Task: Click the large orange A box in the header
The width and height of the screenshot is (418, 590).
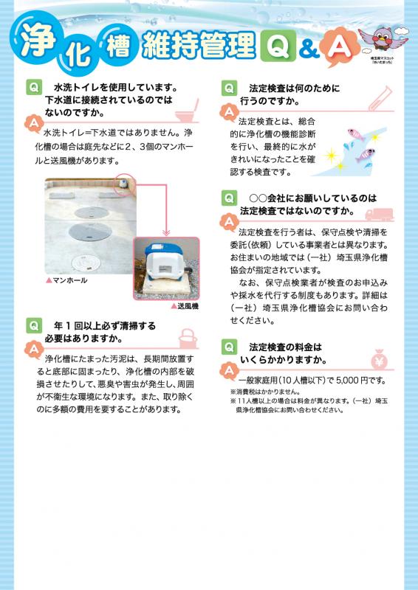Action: [337, 47]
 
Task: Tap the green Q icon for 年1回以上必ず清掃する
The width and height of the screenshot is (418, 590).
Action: [33, 324]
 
